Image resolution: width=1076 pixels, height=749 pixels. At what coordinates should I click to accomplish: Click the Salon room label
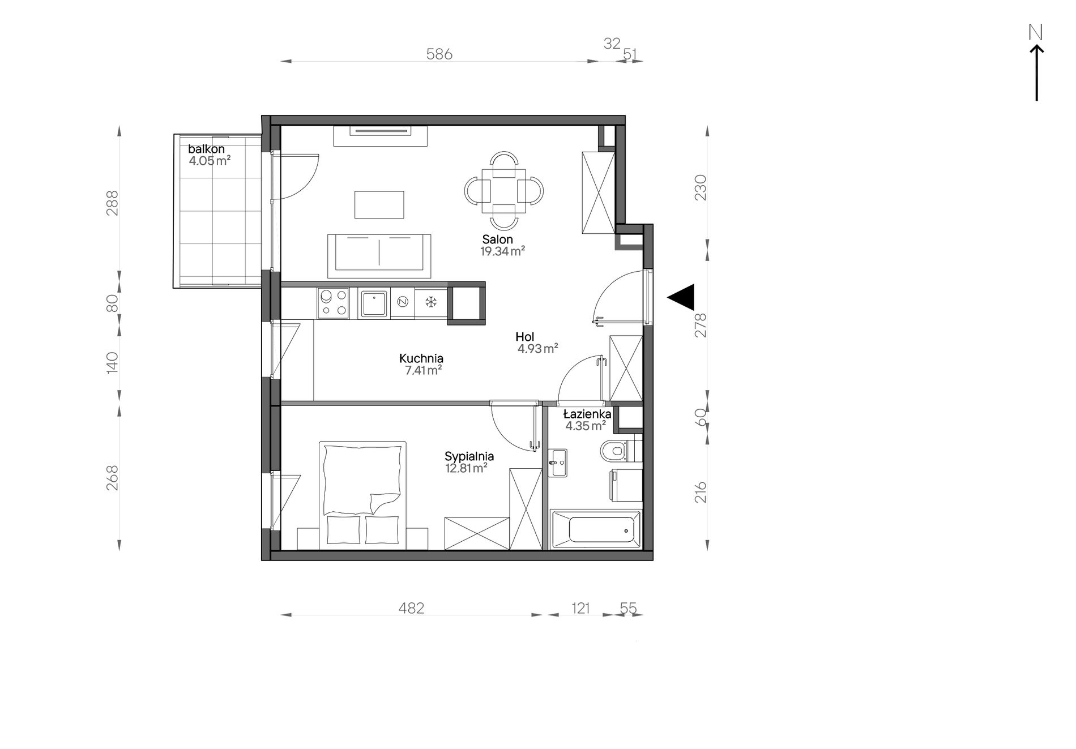(497, 239)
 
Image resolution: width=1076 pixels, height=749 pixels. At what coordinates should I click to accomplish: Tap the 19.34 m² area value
(502, 252)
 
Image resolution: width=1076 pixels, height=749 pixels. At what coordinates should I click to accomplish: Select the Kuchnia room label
(421, 358)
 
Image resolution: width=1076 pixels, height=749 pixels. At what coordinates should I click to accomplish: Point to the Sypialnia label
(469, 456)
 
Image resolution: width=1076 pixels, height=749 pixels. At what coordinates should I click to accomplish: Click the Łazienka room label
(587, 414)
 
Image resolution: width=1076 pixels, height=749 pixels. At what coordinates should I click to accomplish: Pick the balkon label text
(206, 149)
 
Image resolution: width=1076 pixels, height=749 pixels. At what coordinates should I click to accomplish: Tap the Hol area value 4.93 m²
(537, 349)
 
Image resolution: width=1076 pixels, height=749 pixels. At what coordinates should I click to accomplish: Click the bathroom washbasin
(558, 464)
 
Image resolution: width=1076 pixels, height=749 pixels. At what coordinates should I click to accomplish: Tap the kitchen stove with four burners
(334, 302)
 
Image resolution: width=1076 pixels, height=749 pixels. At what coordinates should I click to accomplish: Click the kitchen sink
(374, 304)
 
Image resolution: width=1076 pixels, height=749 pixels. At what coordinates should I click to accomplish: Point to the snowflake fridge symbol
(431, 302)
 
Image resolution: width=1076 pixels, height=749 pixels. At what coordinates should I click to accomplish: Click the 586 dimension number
(439, 54)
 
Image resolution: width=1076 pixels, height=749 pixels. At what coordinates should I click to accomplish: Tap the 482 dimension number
(412, 608)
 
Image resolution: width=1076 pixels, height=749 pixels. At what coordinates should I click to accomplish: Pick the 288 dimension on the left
(113, 202)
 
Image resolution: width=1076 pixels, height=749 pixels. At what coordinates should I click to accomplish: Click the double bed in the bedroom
(363, 495)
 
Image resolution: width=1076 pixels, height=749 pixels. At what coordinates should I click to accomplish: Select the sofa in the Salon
(379, 256)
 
